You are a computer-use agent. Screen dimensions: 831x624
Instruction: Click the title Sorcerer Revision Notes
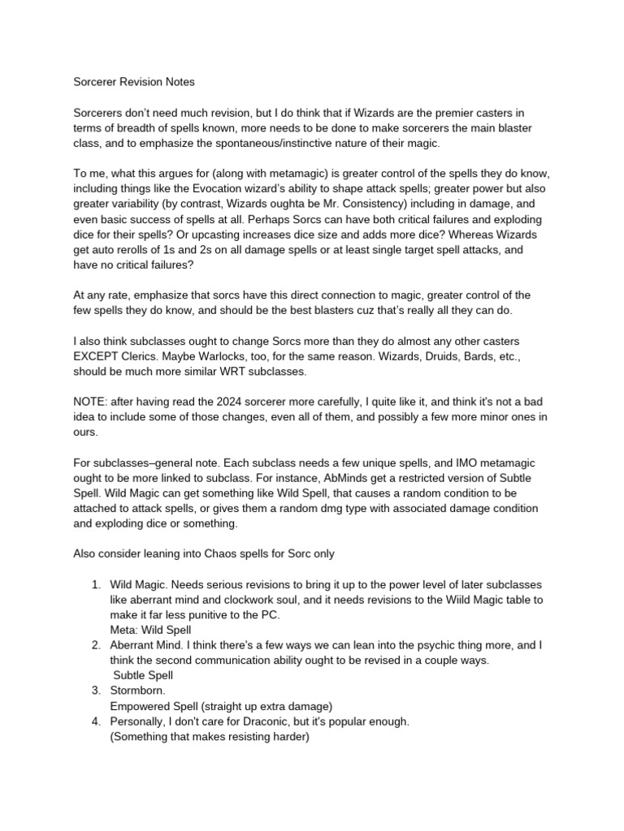[x=133, y=82]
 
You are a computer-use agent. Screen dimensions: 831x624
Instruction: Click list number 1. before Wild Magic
[x=95, y=584]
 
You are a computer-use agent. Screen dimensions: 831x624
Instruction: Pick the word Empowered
[x=142, y=706]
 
